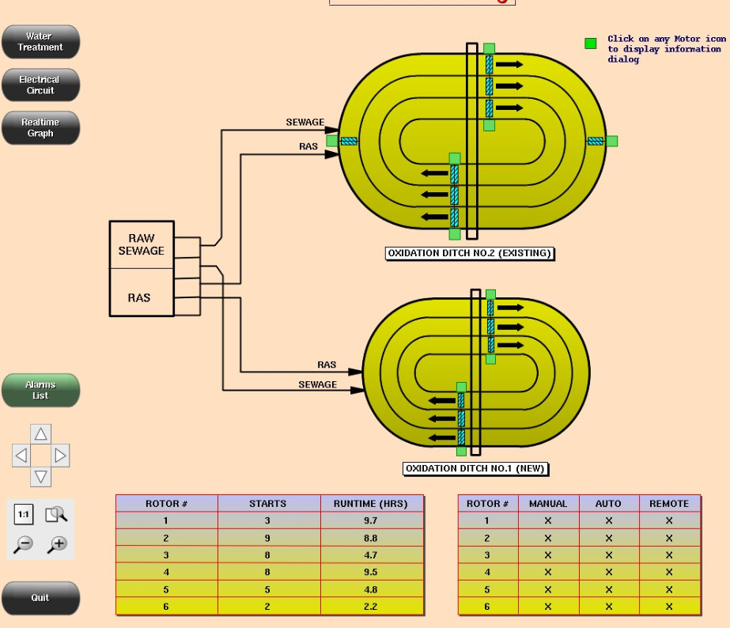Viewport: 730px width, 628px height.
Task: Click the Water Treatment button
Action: pos(40,42)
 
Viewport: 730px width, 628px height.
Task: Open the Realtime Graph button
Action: pos(40,128)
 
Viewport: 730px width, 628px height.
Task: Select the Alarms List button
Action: pos(40,390)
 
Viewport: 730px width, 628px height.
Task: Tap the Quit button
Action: pos(40,598)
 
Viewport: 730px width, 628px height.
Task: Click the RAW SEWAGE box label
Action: pos(142,244)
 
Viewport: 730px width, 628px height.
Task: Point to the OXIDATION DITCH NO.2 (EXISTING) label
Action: pos(470,254)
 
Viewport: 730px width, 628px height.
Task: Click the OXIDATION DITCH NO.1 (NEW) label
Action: pos(475,468)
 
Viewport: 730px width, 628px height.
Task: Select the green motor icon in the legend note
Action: pos(590,44)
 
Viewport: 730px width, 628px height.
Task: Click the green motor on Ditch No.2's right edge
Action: pos(611,141)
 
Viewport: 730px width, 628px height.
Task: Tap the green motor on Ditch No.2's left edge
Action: pos(331,141)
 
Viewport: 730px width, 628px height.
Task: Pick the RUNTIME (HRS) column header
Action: pos(371,504)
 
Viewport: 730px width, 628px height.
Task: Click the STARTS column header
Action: pos(268,504)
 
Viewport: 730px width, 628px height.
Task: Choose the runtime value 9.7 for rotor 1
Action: pos(371,520)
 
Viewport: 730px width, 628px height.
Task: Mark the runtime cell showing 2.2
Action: pos(371,607)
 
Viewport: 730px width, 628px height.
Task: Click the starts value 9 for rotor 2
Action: pos(268,538)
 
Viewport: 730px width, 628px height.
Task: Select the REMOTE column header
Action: pos(669,504)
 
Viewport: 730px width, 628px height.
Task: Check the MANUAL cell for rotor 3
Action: pos(548,555)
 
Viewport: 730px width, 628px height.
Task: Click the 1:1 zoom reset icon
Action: pos(24,515)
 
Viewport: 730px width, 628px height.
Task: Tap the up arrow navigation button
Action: pos(40,434)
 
